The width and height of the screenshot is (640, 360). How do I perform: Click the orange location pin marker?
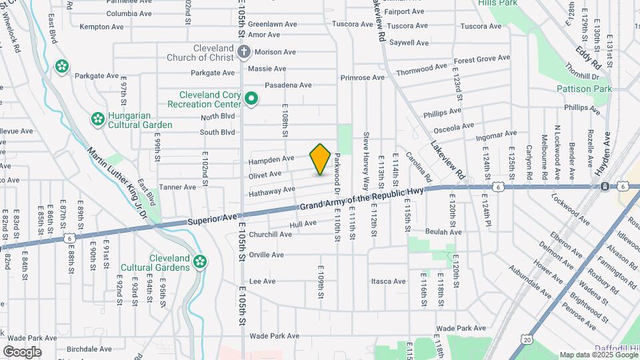(320, 159)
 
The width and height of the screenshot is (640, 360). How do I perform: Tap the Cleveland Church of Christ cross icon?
(244, 51)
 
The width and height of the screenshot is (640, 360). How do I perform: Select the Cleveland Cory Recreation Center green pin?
(251, 99)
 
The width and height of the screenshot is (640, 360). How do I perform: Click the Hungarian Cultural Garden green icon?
(97, 119)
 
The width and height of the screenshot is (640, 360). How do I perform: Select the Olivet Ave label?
(265, 175)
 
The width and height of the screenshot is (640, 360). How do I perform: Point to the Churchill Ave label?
(270, 235)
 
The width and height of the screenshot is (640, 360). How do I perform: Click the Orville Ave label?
(266, 255)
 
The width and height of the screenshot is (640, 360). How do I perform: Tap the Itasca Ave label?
(389, 281)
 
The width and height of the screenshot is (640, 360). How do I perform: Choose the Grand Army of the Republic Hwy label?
(361, 201)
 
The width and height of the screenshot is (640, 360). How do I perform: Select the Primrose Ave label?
(362, 77)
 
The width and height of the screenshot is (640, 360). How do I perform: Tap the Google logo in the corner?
(22, 351)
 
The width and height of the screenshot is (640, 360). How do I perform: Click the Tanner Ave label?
(177, 187)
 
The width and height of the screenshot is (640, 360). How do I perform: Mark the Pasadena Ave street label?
(288, 85)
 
